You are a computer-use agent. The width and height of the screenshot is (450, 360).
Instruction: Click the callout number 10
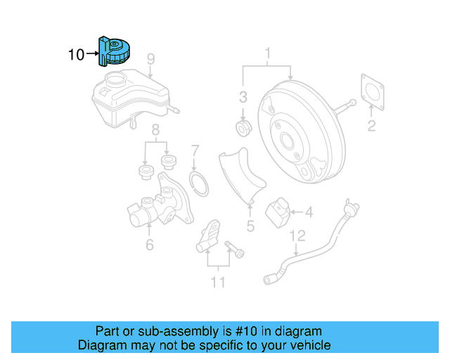[76, 53]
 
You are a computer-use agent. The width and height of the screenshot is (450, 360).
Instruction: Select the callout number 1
[267, 53]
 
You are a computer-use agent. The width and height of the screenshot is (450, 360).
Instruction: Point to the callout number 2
[371, 127]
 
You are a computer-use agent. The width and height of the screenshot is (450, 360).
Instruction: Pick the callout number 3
[243, 97]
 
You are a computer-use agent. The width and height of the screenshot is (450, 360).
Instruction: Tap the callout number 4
[309, 210]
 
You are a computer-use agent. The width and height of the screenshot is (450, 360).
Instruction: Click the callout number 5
[250, 226]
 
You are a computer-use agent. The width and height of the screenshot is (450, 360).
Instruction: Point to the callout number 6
[149, 245]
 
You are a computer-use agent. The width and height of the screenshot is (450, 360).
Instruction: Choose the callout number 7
[195, 150]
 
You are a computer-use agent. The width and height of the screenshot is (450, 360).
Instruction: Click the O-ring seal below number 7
[200, 184]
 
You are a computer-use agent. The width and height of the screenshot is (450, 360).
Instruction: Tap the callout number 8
[155, 129]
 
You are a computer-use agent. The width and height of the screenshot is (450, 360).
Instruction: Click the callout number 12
[298, 235]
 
